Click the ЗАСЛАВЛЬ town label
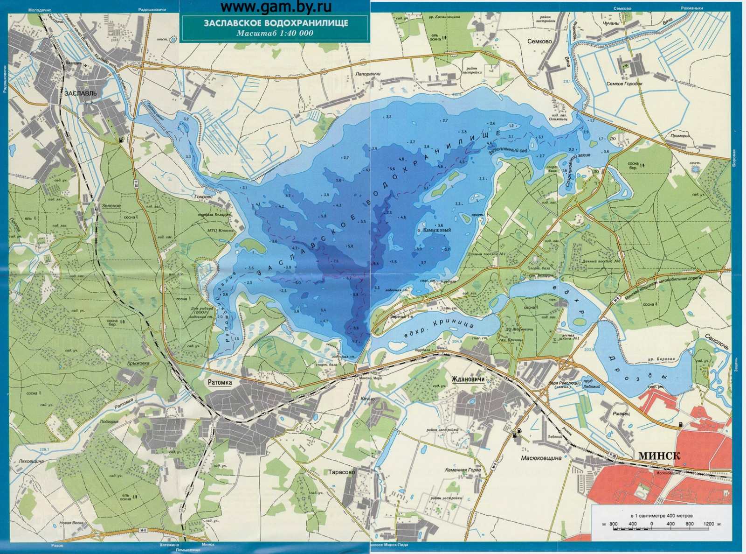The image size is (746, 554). coord(81,93)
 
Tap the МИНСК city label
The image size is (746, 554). coord(659,456)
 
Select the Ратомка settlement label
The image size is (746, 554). coord(220,382)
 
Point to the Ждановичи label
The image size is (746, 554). coord(468,379)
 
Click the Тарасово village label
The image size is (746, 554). coord(342,472)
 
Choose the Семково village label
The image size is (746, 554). coord(539,41)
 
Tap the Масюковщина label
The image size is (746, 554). coord(541,458)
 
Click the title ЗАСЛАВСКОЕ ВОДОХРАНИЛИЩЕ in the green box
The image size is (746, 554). coord(275,23)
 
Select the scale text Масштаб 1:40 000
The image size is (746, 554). coord(275,33)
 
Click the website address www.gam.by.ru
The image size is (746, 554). coord(276,7)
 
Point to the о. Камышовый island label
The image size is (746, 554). coord(433,230)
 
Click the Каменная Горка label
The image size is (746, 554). coord(463,470)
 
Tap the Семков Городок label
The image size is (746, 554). coord(624,84)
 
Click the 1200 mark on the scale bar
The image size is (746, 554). coord(709,524)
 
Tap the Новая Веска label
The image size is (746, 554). coord(71,523)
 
